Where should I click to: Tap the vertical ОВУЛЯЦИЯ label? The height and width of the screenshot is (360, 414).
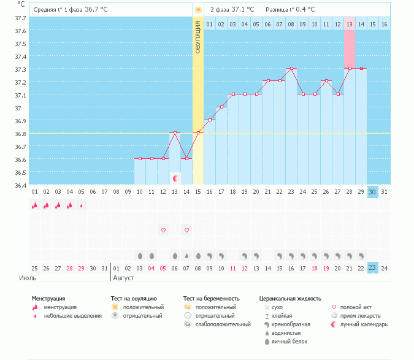pos(198,36)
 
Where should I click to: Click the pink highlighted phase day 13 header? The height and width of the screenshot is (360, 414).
pos(350,24)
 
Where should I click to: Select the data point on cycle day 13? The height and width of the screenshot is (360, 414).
pos(175,132)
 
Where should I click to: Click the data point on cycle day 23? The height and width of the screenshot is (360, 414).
pos(291,69)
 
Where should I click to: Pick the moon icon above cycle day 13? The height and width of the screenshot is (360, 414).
pos(176,178)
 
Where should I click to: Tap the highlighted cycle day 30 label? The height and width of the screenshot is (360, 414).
pos(372,192)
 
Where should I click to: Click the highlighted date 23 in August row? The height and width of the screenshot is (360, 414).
pos(372,268)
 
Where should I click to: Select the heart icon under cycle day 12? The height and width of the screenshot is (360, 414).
pos(164,230)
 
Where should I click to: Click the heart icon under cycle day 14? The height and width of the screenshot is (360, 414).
pos(187,230)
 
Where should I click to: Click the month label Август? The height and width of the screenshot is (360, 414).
pos(124,278)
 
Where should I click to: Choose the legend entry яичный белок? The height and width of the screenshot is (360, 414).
pos(292,341)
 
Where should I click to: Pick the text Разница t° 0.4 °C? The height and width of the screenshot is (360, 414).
pos(290,10)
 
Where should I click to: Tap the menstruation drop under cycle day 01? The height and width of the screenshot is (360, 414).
pos(35,205)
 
